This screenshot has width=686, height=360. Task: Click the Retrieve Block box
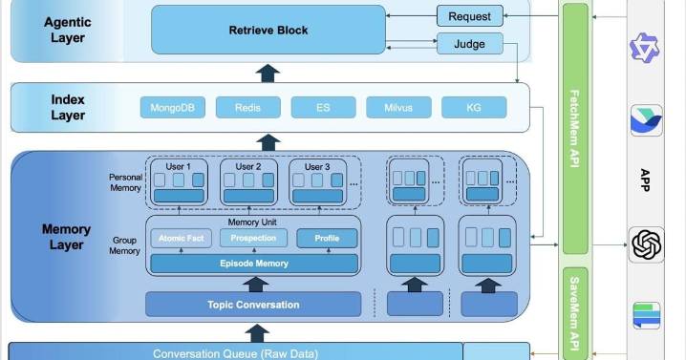click(268, 30)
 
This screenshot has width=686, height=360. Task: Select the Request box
click(469, 16)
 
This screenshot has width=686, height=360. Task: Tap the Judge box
click(469, 44)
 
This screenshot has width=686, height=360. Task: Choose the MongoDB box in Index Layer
click(172, 107)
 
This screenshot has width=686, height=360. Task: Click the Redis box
click(247, 107)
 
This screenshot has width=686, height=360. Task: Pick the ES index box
click(323, 107)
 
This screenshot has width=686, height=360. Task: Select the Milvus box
click(398, 107)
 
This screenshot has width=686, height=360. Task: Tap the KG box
click(474, 107)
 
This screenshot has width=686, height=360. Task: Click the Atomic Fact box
click(181, 238)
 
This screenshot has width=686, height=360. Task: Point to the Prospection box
click(253, 238)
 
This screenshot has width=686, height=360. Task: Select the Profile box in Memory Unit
click(327, 238)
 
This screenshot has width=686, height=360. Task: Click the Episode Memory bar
click(253, 263)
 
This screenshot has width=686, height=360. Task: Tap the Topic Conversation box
click(253, 305)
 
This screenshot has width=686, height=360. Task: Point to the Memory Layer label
click(67, 236)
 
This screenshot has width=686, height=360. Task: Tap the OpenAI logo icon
click(647, 245)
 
